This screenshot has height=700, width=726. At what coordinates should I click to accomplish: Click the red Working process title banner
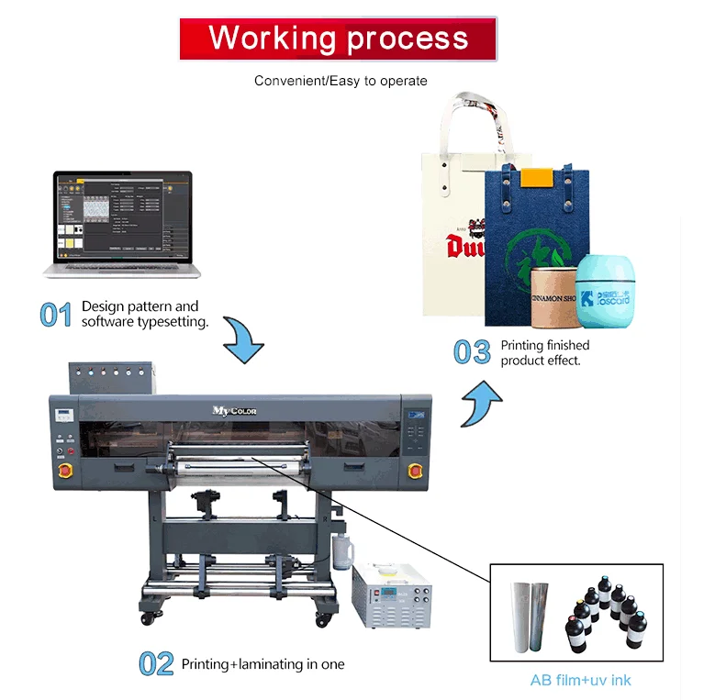point(338,39)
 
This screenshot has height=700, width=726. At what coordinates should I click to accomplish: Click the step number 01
point(56,315)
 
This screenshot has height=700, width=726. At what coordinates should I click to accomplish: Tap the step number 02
point(156,663)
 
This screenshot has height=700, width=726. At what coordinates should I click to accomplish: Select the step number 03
point(473,352)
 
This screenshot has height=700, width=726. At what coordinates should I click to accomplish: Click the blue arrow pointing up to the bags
point(481,405)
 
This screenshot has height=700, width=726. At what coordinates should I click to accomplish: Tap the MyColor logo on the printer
point(235,410)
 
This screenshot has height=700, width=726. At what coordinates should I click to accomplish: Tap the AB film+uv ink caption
point(580,680)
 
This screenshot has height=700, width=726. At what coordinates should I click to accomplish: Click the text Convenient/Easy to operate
point(341,81)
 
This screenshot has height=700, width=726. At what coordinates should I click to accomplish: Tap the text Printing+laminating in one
point(262,663)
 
